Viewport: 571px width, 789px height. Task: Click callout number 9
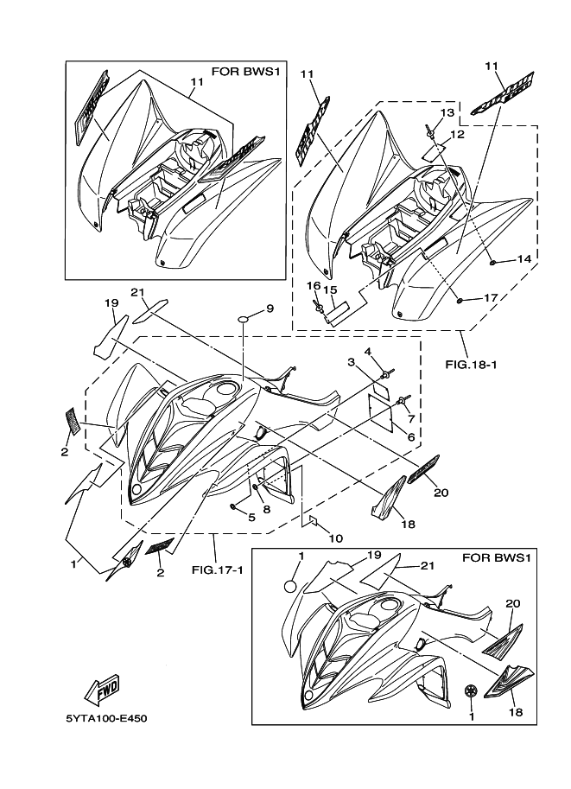pos(270,309)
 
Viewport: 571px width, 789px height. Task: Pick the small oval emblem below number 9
pos(245,321)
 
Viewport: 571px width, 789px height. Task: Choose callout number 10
pos(335,538)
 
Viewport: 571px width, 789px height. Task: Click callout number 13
pos(447,113)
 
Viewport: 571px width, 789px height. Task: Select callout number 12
pos(457,134)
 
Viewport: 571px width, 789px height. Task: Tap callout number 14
pos(523,258)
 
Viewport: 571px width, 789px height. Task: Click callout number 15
pos(330,290)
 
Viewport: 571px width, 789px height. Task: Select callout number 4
pos(367,351)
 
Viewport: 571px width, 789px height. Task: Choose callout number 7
pos(411,418)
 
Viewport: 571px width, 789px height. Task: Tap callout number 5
pos(252,517)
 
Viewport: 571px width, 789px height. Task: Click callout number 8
pos(266,509)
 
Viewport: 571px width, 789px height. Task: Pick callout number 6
pos(411,438)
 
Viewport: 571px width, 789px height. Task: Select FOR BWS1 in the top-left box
pos(249,70)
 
